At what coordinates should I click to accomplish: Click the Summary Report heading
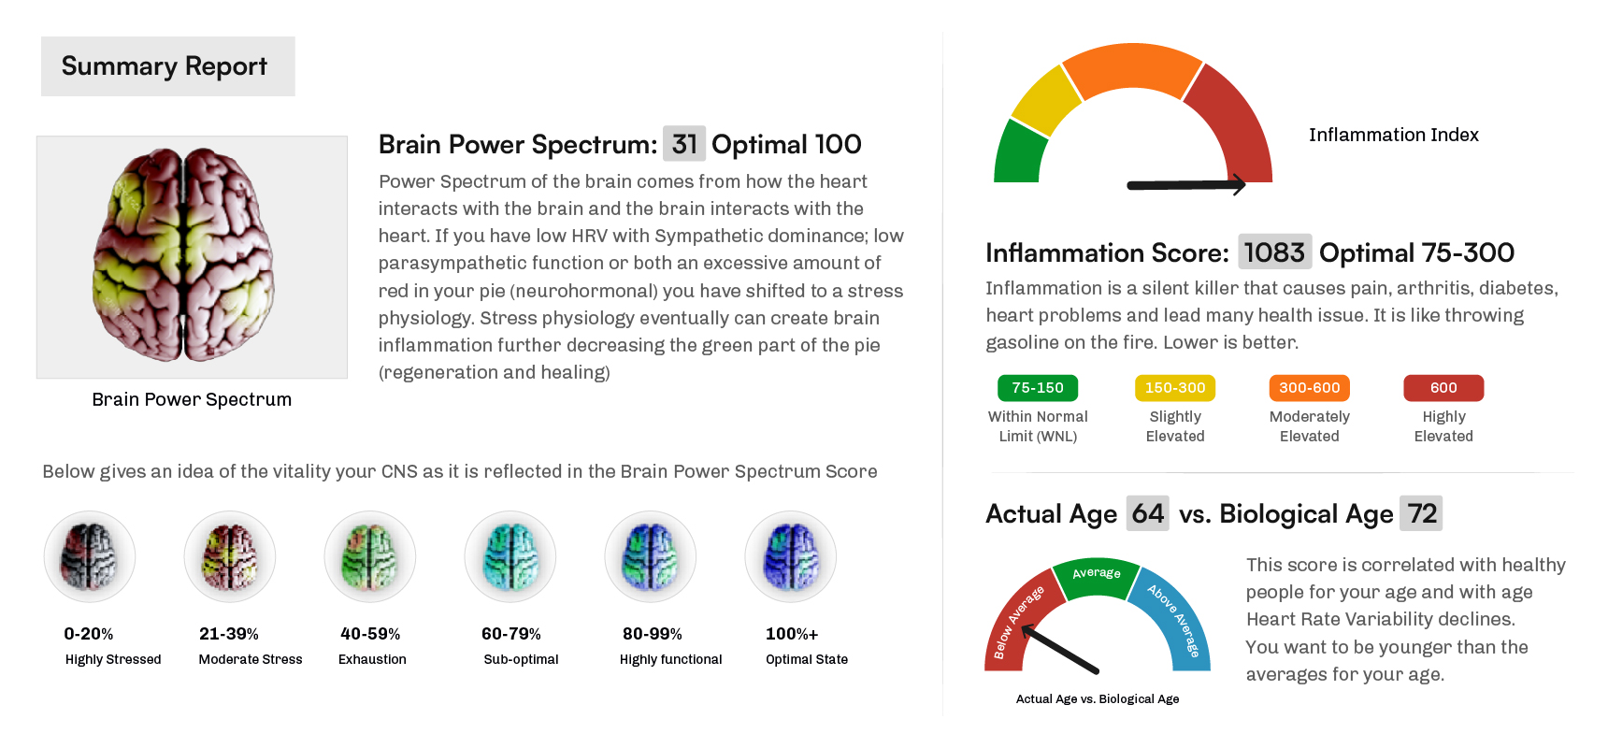pos(165,66)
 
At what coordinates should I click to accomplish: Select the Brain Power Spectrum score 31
pos(684,144)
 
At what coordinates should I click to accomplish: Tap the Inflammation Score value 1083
pos(1274,252)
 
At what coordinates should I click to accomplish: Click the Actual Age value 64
pos(1147,513)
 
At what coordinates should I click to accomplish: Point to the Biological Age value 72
pos(1421,513)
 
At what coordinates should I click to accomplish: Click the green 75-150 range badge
pos(1038,388)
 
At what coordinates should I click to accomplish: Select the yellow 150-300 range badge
pos(1175,388)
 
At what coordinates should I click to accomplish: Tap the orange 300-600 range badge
pos(1309,388)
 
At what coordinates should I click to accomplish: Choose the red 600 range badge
pos(1443,388)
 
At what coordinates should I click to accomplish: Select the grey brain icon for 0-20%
pos(90,556)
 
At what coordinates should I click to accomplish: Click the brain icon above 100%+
pos(791,556)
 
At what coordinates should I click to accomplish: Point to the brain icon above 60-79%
pos(510,556)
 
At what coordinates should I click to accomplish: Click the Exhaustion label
pos(372,659)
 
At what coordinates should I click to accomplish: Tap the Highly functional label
pos(670,659)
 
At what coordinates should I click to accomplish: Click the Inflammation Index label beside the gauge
pos(1393,135)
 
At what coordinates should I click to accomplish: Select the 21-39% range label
pos(229,634)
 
